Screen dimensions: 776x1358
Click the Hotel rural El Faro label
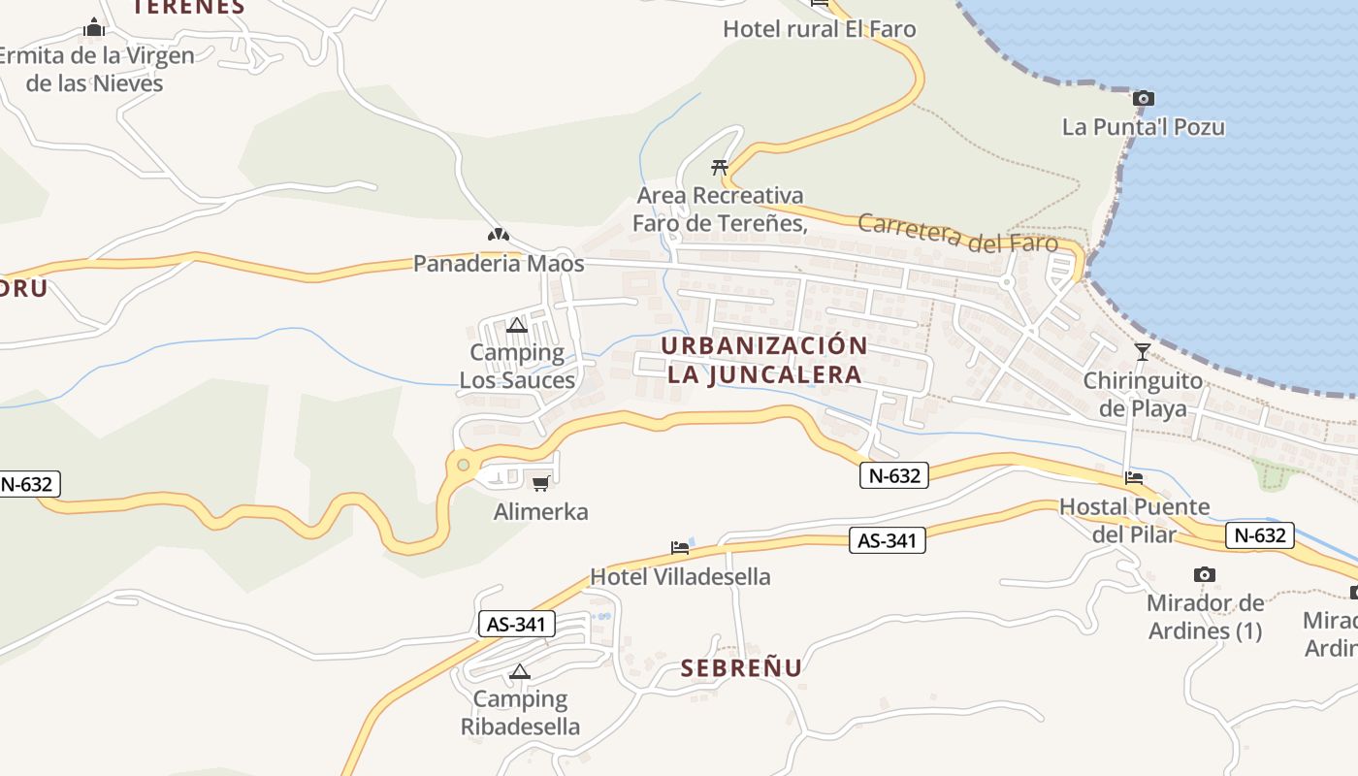[x=820, y=29]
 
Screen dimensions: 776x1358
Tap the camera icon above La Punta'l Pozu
[x=1144, y=98]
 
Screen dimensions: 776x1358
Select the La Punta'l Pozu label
[x=1144, y=127]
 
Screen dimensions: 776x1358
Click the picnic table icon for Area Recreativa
[x=720, y=167]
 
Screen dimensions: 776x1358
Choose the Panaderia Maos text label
[x=499, y=264]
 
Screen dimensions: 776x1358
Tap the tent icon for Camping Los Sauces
[x=517, y=325]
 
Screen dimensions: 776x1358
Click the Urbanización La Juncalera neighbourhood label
[x=764, y=360]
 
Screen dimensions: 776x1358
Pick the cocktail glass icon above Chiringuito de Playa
[x=1143, y=351]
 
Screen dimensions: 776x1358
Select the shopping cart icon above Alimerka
[x=541, y=483]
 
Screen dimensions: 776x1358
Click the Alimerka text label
[x=541, y=511]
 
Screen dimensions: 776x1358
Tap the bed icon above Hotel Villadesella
[x=681, y=548]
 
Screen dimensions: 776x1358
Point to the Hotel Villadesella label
[x=681, y=577]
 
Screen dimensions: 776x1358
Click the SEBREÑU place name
[x=742, y=668]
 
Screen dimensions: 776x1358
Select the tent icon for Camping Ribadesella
[x=520, y=671]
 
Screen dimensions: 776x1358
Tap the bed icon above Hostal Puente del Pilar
[x=1134, y=477]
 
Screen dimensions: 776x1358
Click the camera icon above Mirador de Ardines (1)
[x=1205, y=574]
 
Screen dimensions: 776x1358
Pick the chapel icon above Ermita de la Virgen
[x=94, y=27]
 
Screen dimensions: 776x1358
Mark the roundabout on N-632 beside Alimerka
[x=463, y=466]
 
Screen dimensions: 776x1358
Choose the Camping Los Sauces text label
[x=517, y=366]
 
